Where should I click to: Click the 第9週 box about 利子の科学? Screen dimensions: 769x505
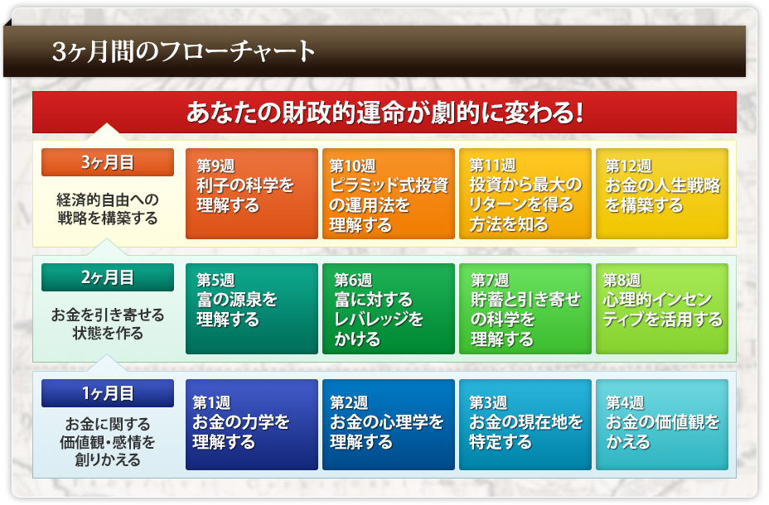click(x=252, y=194)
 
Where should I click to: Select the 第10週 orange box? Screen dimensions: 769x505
click(x=389, y=194)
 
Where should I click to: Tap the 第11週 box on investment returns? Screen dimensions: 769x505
click(x=525, y=194)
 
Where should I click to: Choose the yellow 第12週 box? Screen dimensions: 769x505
click(x=662, y=194)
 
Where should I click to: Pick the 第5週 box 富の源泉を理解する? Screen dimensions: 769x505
click(x=252, y=309)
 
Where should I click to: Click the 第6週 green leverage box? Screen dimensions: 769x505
click(x=389, y=309)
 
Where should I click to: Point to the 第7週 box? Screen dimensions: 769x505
click(x=525, y=309)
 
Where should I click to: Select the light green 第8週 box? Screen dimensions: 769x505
click(x=662, y=309)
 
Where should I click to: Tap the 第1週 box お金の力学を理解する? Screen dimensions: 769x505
click(x=252, y=425)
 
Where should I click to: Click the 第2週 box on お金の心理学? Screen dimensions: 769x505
click(x=389, y=425)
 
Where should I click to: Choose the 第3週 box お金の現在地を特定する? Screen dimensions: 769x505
click(x=525, y=425)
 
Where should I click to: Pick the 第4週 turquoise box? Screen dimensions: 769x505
click(x=662, y=425)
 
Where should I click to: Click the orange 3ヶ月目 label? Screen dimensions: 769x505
click(x=108, y=162)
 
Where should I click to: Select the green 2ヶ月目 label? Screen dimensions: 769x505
click(x=108, y=277)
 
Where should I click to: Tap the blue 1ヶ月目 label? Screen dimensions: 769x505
click(x=108, y=393)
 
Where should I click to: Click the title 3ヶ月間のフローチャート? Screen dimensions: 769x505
click(x=183, y=51)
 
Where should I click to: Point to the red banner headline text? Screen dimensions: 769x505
click(x=385, y=113)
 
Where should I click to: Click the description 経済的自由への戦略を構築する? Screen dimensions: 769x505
click(x=108, y=209)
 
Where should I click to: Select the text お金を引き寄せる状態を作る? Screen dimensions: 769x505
click(x=108, y=324)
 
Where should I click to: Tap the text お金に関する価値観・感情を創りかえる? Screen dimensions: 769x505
click(x=108, y=442)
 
